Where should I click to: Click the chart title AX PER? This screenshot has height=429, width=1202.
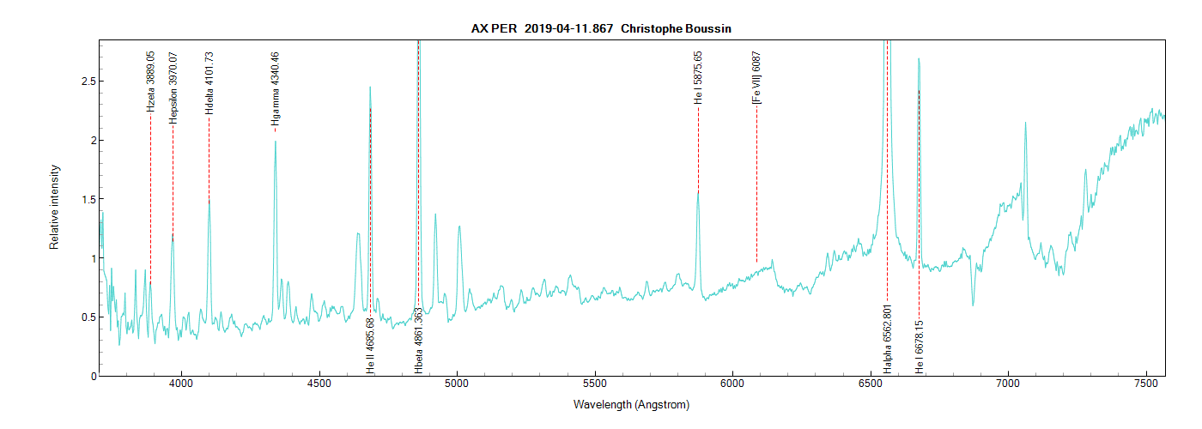(494, 28)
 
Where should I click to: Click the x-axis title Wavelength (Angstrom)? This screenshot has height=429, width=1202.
(631, 404)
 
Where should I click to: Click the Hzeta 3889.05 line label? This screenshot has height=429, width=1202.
(151, 82)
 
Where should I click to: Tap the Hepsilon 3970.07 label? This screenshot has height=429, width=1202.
(173, 88)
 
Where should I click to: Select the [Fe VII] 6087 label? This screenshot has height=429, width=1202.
(756, 79)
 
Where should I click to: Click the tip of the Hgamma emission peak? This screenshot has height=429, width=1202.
(275, 141)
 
